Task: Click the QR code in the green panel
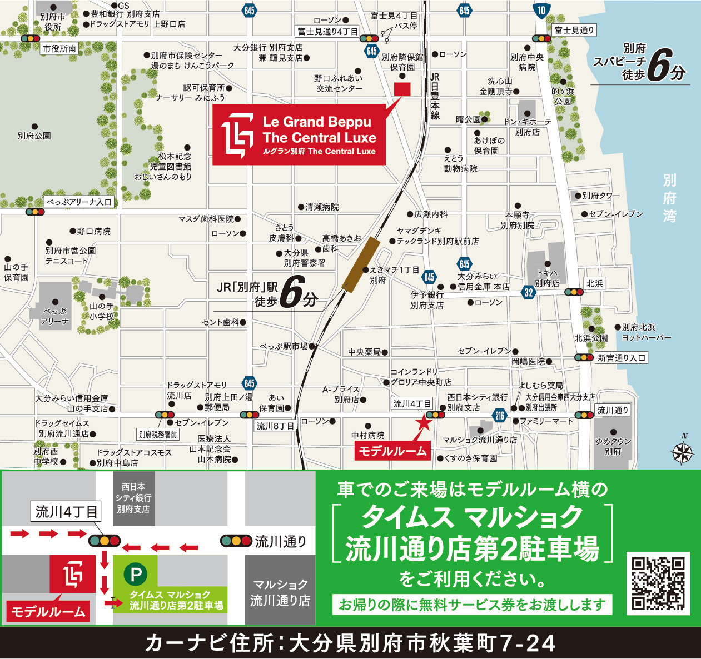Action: click(x=658, y=583)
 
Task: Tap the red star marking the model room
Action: click(x=424, y=422)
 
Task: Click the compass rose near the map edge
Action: click(x=683, y=452)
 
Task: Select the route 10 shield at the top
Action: click(x=541, y=10)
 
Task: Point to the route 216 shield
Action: click(x=499, y=415)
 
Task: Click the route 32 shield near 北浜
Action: click(x=528, y=292)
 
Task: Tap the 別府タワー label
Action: click(x=601, y=196)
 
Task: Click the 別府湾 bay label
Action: click(x=669, y=198)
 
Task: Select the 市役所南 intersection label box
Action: click(x=59, y=49)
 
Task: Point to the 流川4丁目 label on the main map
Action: click(x=412, y=403)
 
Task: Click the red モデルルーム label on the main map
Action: click(x=392, y=451)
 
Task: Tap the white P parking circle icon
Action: click(x=135, y=574)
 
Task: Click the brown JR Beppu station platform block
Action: click(x=361, y=264)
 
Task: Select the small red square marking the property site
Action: click(x=402, y=89)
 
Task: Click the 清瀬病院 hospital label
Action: click(x=322, y=207)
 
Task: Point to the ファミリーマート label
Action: click(x=546, y=421)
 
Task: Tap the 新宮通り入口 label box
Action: click(x=622, y=358)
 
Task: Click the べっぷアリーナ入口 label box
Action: click(x=79, y=202)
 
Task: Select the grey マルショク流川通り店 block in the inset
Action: click(x=280, y=591)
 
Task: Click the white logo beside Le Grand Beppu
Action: click(x=238, y=135)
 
